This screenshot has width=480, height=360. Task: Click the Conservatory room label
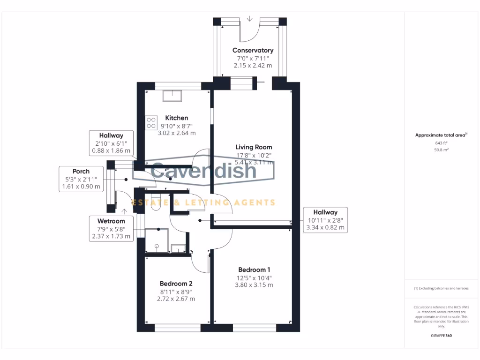(253, 50)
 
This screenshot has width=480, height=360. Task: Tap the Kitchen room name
(176, 118)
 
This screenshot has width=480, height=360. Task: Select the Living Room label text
(254, 147)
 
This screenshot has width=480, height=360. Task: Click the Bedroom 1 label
(254, 270)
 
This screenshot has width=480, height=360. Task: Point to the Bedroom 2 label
(176, 284)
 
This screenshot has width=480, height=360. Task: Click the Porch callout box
(81, 179)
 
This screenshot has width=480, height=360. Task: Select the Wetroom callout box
(111, 229)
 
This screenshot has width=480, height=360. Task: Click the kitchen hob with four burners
(151, 123)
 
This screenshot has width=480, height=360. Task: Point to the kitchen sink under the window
(174, 96)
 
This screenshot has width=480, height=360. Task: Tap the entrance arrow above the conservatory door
(249, 19)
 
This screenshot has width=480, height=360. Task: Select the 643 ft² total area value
(441, 143)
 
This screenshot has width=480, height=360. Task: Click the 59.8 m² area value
(441, 150)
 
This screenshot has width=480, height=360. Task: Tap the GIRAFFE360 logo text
(441, 336)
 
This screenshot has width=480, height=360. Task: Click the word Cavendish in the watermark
(204, 171)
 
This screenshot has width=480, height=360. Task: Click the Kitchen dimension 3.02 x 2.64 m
(176, 133)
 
